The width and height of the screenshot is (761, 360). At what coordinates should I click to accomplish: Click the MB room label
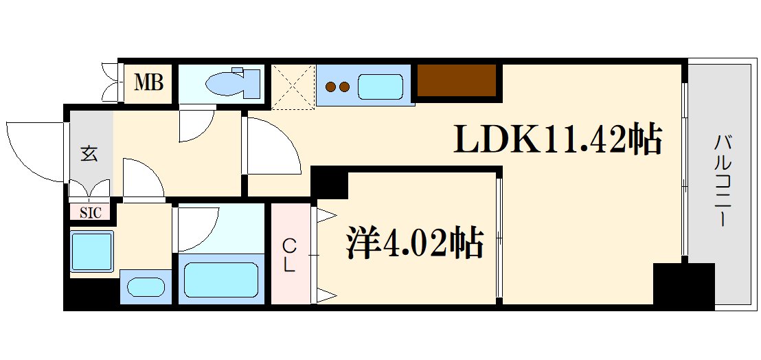coord(149,84)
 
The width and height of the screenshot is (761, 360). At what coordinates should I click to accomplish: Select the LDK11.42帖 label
coord(557,140)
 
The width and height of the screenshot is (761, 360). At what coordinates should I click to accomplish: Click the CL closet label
coord(291,255)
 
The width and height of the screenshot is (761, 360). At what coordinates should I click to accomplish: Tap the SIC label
coord(90,213)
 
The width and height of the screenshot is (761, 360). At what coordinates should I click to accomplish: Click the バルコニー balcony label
coord(722,182)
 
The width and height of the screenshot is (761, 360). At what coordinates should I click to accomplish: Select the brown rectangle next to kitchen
coord(457,80)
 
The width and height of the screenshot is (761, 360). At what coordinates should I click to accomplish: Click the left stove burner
coord(330,87)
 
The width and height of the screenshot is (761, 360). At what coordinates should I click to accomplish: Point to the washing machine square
coord(91,251)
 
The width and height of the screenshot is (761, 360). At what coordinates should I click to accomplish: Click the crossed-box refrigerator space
coord(293,87)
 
